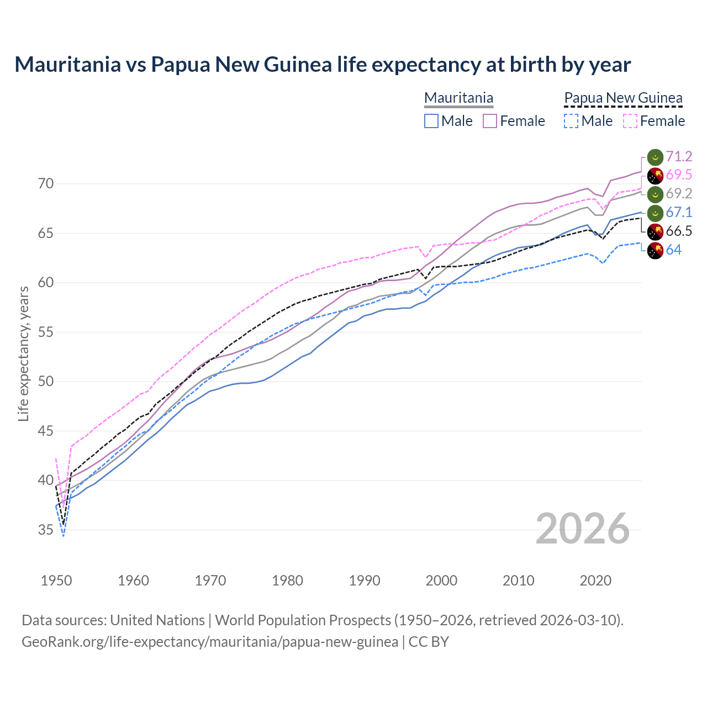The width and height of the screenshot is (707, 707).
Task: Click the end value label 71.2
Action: [679, 157]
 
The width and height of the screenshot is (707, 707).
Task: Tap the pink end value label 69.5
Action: [679, 175]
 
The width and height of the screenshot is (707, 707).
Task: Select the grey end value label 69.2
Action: [679, 194]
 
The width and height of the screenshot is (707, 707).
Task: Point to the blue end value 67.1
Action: [679, 213]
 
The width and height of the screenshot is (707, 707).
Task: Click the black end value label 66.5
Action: [679, 231]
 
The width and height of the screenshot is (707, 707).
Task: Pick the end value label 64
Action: [673, 250]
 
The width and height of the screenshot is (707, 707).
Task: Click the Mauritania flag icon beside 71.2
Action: [655, 157]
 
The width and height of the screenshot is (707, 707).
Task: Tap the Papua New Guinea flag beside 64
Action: [655, 251]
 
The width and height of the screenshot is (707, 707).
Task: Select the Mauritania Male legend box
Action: [431, 121]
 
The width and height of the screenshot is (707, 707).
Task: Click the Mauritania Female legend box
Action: [490, 121]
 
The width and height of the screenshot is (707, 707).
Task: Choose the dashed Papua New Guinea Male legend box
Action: [571, 121]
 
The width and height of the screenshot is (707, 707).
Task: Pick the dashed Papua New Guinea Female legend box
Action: [630, 121]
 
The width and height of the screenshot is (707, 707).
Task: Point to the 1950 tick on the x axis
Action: [56, 581]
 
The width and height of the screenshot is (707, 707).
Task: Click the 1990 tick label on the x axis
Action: [365, 581]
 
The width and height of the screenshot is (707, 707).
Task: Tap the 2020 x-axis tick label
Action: [595, 581]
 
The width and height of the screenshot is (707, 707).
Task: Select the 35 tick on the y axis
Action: [46, 530]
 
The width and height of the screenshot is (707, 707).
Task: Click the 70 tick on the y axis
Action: [46, 184]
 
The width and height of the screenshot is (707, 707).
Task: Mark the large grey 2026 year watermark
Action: [583, 529]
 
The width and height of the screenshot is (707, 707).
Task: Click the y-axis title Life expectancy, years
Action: [23, 353]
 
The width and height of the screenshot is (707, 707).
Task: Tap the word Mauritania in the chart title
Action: [67, 65]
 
